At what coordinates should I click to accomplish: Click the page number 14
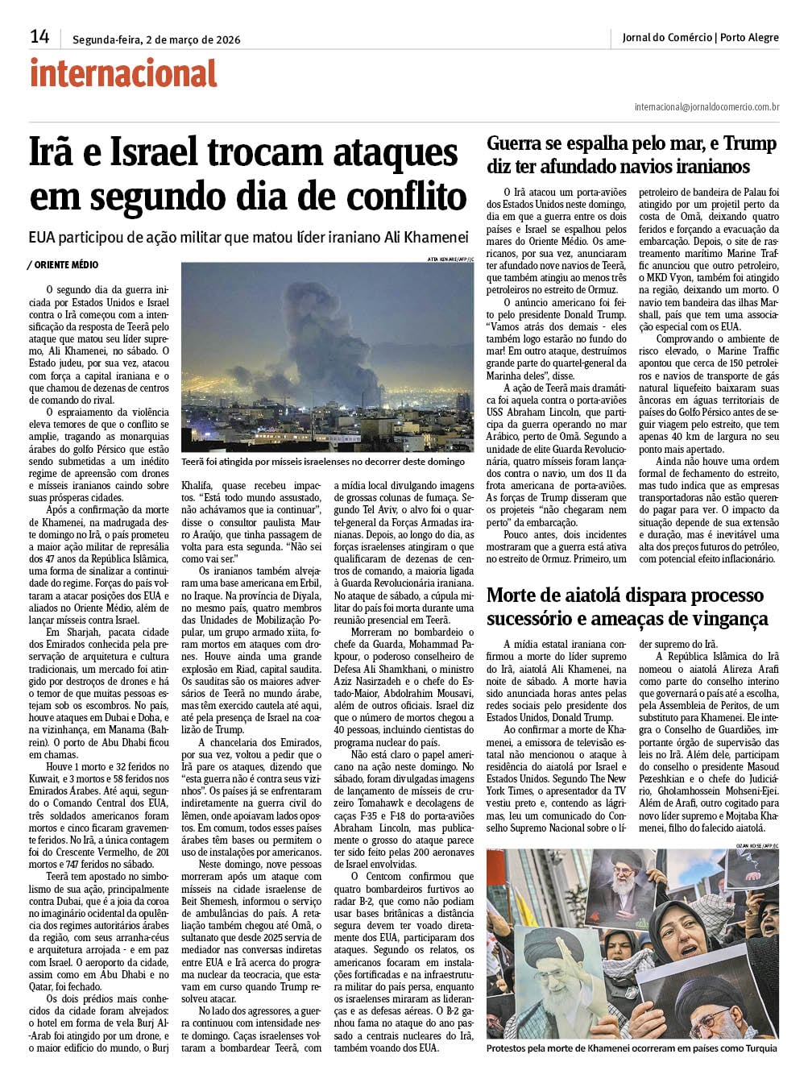pyautogui.click(x=39, y=36)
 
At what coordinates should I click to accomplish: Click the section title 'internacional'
pyautogui.click(x=123, y=73)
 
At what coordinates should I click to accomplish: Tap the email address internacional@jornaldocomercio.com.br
pyautogui.click(x=706, y=106)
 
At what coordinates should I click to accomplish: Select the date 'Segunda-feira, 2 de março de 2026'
pyautogui.click(x=156, y=39)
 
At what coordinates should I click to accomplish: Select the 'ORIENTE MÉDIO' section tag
pyautogui.click(x=66, y=264)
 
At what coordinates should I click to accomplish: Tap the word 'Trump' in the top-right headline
pyautogui.click(x=749, y=144)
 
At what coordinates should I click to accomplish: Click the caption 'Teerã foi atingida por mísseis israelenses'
pyautogui.click(x=322, y=462)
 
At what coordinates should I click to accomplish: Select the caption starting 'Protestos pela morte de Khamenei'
pyautogui.click(x=632, y=1048)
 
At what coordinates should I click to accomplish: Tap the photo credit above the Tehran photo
pyautogui.click(x=450, y=259)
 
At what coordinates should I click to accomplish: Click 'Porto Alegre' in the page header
pyautogui.click(x=749, y=37)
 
